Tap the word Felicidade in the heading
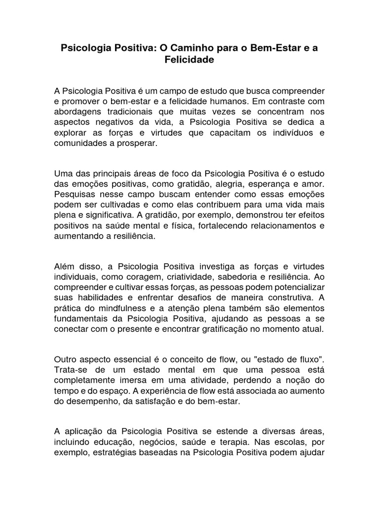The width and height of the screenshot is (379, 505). (x=189, y=60)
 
